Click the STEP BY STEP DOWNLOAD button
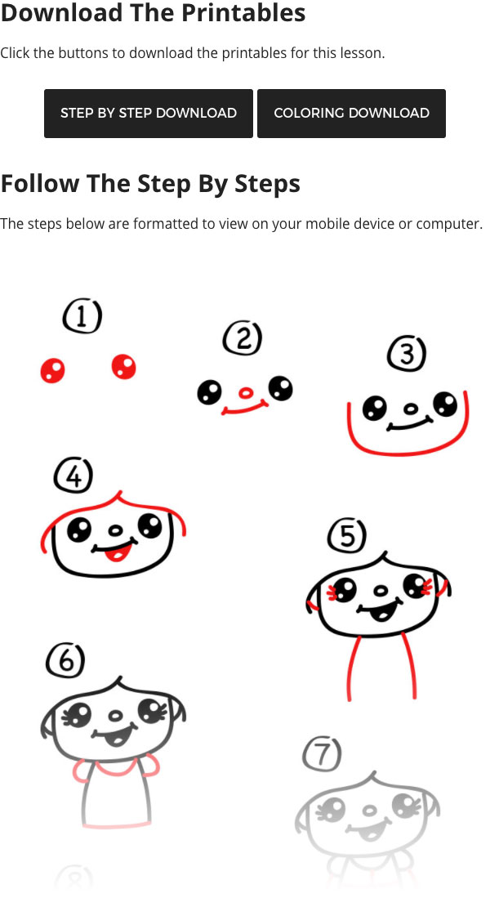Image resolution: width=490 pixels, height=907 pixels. (x=149, y=114)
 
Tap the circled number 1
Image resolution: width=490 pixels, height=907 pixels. (x=82, y=316)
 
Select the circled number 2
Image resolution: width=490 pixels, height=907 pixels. (x=243, y=337)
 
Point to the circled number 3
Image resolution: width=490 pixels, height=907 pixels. (x=407, y=353)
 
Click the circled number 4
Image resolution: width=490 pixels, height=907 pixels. (x=73, y=476)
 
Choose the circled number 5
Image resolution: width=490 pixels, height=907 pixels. (x=347, y=536)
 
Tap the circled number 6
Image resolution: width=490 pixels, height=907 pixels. (x=65, y=659)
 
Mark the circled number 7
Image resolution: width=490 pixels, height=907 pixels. (x=322, y=753)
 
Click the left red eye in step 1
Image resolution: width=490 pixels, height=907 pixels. (x=52, y=370)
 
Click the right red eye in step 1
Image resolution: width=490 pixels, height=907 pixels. (x=123, y=367)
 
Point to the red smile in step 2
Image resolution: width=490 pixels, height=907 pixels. (x=244, y=409)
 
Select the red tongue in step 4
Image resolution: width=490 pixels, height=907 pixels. (x=118, y=554)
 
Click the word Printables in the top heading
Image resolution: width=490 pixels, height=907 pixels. (x=243, y=13)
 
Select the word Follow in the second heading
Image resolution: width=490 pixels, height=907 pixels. (x=40, y=183)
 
